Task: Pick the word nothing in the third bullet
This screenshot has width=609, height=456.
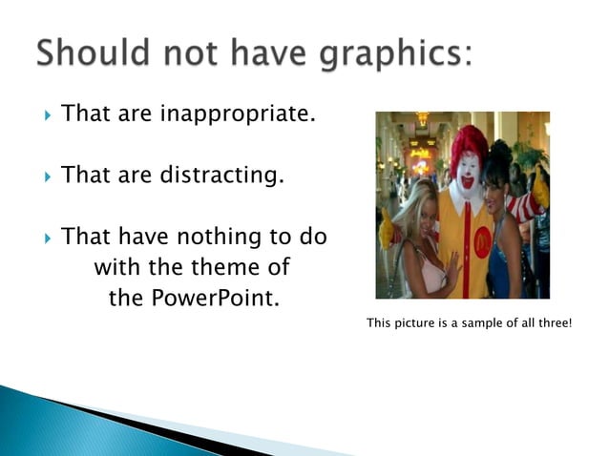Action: pos(217,236)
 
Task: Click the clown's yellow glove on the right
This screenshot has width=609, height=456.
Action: pos(541,190)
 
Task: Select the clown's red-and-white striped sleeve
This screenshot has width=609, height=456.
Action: pos(523,207)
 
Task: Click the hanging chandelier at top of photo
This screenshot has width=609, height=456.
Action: pos(421,120)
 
